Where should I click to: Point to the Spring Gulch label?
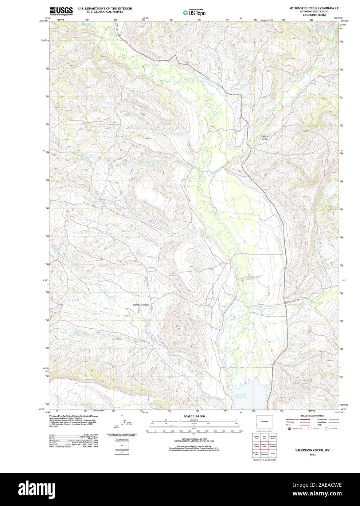pyautogui.click(x=265, y=138)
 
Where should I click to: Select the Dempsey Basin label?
pyautogui.click(x=141, y=305)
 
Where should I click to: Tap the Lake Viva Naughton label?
pyautogui.click(x=241, y=396)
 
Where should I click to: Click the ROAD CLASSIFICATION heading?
pyautogui.click(x=312, y=416)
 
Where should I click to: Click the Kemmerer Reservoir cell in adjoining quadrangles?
pyautogui.click(x=265, y=455)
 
